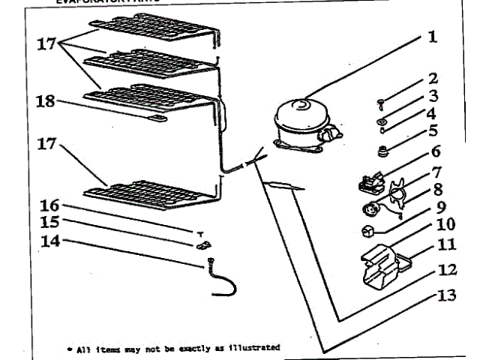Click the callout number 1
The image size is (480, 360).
432,37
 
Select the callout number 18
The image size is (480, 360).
45,101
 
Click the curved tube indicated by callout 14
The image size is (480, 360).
219,279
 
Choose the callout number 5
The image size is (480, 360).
433,133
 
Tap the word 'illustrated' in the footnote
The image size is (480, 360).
255,348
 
